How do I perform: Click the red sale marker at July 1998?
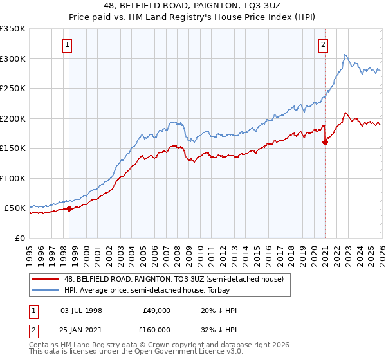tap(69, 208)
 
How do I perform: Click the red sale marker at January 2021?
tap(325, 143)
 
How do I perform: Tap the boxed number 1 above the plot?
tap(68, 45)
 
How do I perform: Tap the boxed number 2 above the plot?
tap(322, 45)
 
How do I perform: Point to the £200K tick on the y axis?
tap(12, 118)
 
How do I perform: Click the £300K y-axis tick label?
tap(12, 59)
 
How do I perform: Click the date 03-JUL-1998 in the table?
tap(81, 310)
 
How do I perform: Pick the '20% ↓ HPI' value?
tap(219, 310)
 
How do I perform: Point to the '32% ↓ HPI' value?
tap(219, 329)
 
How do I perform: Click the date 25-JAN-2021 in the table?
tap(81, 329)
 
